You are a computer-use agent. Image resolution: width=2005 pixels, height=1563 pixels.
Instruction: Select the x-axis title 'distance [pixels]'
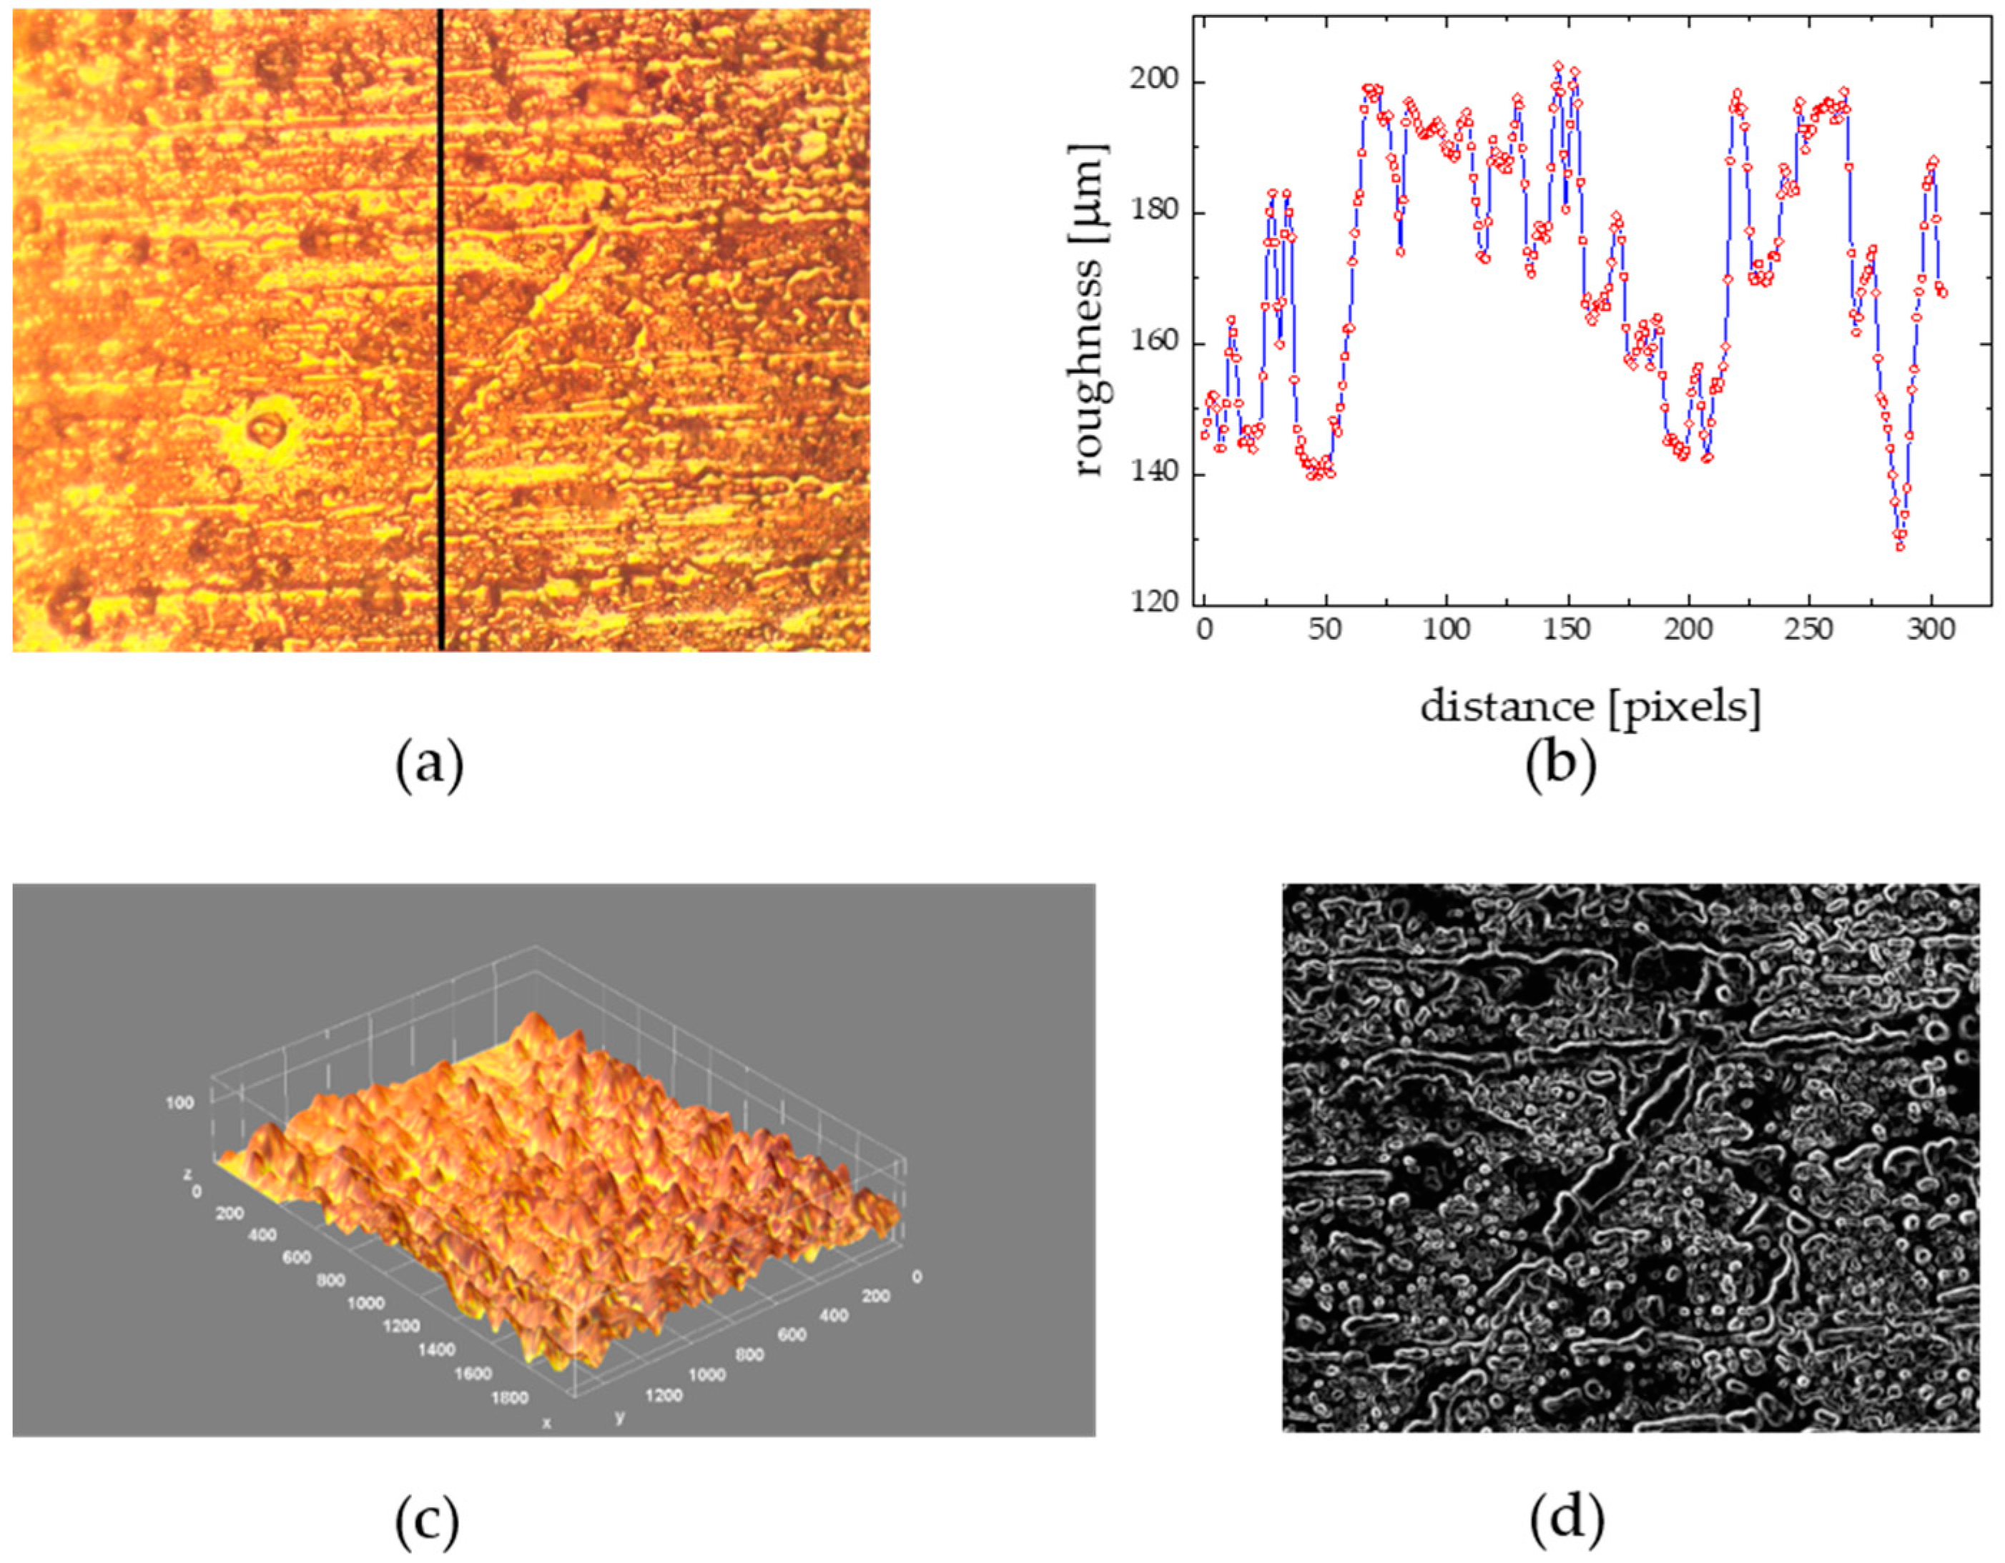(1591, 708)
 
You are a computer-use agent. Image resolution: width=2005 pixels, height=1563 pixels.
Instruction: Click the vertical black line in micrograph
(440, 330)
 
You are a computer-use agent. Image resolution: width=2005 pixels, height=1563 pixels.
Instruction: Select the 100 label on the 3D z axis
(180, 1103)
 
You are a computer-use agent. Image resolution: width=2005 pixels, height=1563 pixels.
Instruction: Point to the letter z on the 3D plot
(187, 1174)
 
